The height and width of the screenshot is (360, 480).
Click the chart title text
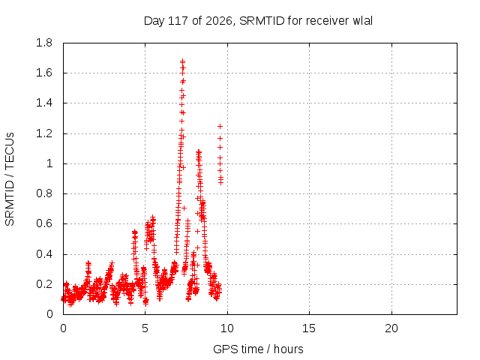click(258, 21)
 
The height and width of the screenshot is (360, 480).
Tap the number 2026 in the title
click(218, 21)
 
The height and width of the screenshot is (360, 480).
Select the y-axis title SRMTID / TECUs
click(10, 179)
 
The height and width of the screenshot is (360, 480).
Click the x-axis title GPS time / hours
click(258, 349)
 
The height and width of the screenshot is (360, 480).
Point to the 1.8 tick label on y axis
click(44, 43)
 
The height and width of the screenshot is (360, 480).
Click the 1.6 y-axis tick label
click(44, 73)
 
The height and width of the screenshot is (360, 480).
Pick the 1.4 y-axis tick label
click(44, 103)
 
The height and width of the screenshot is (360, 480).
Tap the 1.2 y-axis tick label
click(44, 133)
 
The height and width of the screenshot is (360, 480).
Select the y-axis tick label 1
click(49, 163)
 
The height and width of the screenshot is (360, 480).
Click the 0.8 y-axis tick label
click(44, 193)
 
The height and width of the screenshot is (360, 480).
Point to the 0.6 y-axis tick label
click(44, 223)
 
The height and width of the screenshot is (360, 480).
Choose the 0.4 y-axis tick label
click(44, 254)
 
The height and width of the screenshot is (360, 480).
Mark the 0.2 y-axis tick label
click(44, 284)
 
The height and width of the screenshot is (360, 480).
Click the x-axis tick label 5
click(145, 328)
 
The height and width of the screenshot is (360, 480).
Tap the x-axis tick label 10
click(227, 328)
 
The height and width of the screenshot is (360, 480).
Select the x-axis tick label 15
click(309, 328)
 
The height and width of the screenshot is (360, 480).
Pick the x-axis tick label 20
click(391, 328)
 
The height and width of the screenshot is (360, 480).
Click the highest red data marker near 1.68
click(182, 61)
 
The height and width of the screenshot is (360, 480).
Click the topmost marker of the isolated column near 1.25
click(220, 126)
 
